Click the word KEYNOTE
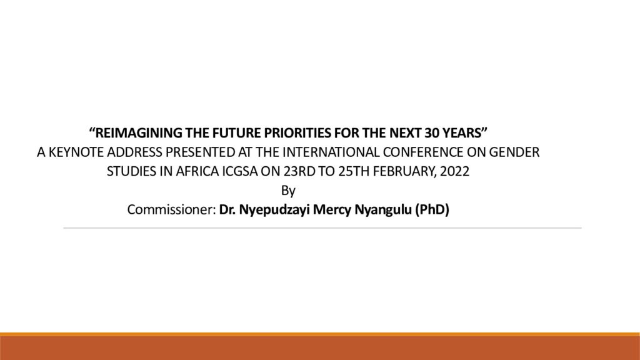pos(76,152)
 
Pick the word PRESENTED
pos(201,152)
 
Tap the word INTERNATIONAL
pos(331,152)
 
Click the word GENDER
pos(514,152)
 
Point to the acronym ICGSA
pos(240,171)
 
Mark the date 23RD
pos(299,171)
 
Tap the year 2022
pos(455,171)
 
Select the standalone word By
pos(288,191)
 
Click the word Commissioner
pos(171,209)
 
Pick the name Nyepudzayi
pos(274,210)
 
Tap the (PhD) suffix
pos(432,210)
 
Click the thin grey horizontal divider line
pos(322,228)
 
